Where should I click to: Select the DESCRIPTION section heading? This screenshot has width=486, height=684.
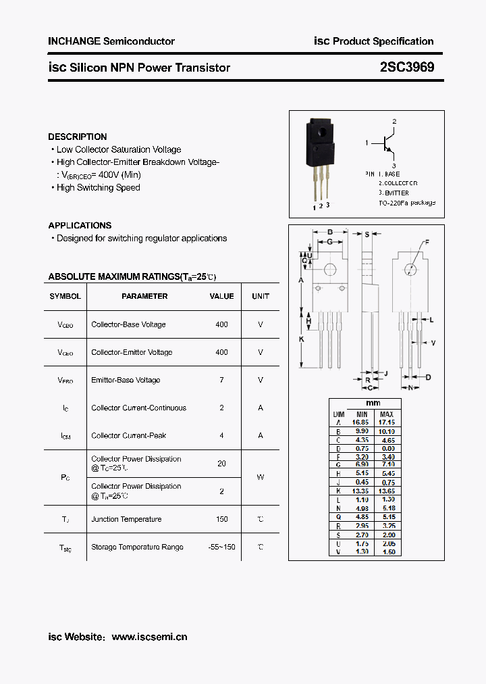click(x=78, y=137)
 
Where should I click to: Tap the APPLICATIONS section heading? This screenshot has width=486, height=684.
click(x=80, y=225)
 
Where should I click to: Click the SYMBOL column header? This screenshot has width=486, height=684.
click(x=65, y=296)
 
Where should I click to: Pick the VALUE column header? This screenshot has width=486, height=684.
click(x=221, y=296)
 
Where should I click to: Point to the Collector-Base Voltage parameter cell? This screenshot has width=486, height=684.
click(x=128, y=324)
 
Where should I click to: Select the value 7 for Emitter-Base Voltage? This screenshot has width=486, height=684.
click(x=221, y=380)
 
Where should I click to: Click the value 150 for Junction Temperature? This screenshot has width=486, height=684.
click(x=221, y=519)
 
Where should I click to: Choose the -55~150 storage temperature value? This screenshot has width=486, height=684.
click(x=221, y=547)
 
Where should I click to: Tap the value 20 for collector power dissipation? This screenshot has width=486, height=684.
click(x=221, y=464)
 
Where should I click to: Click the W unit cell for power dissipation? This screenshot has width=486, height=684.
click(x=260, y=477)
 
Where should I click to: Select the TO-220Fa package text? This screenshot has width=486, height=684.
click(x=406, y=202)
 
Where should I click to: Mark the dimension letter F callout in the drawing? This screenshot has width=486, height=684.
click(x=427, y=242)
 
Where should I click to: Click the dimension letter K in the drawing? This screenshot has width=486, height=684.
click(x=301, y=339)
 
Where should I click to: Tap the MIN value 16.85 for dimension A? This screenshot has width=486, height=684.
click(x=361, y=422)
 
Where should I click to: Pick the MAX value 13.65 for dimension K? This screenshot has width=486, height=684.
click(x=387, y=491)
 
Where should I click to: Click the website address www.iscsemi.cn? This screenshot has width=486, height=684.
click(x=149, y=637)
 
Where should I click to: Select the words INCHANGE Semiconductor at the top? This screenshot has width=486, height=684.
click(x=111, y=41)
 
